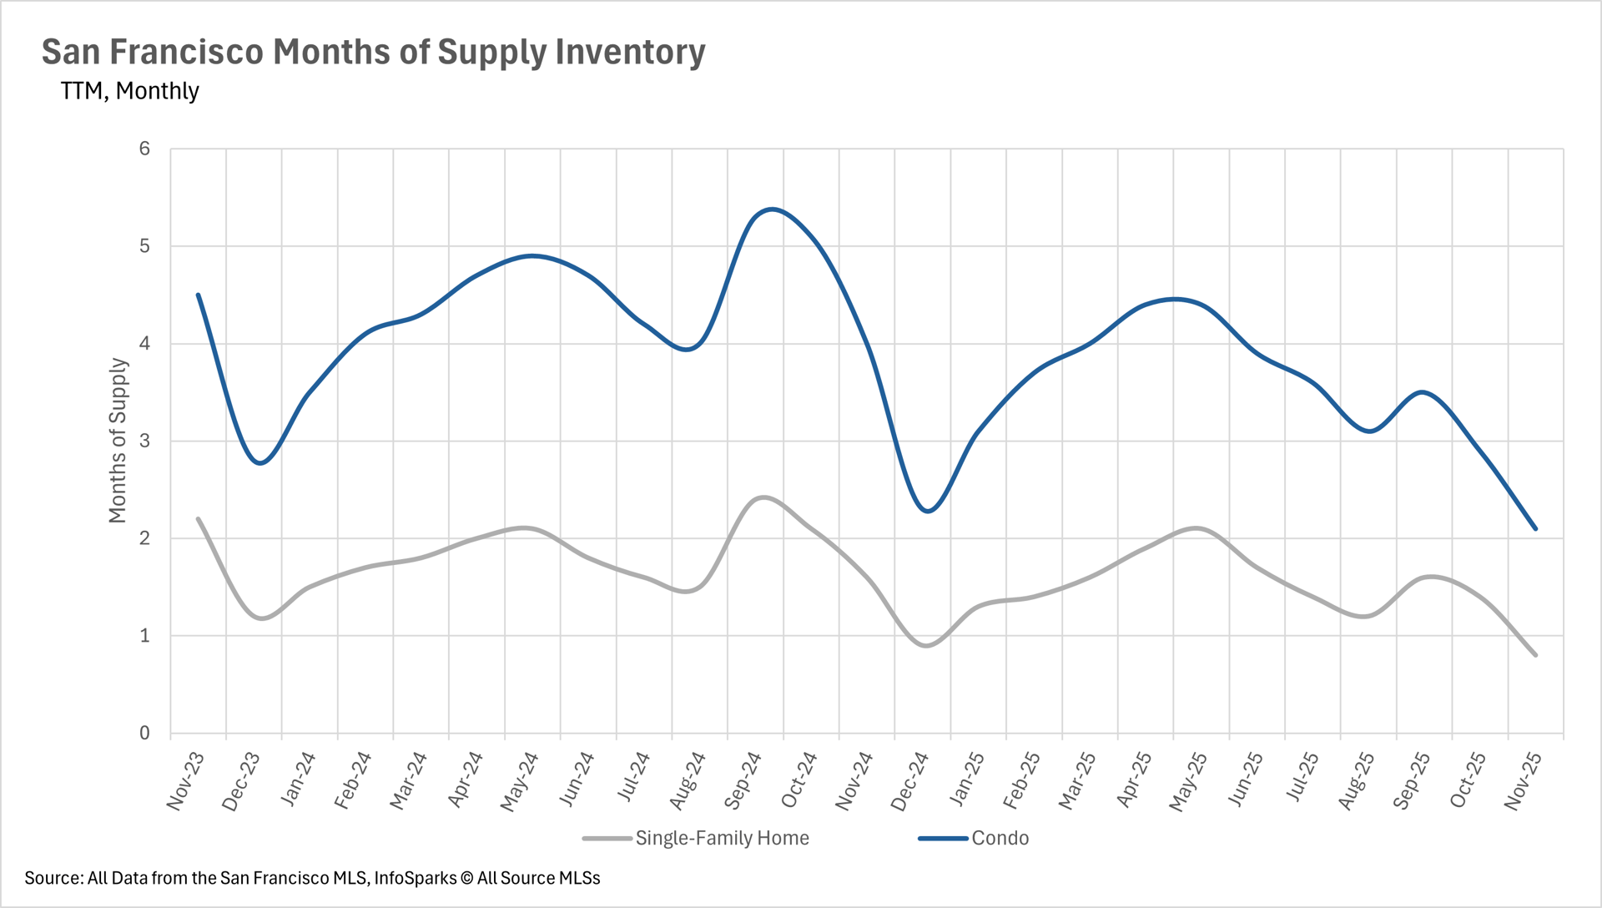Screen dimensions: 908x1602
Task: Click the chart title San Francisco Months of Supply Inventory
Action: click(x=373, y=52)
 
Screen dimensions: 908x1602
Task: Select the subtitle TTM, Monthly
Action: click(x=129, y=91)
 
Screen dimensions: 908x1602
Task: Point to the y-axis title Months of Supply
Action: click(x=118, y=441)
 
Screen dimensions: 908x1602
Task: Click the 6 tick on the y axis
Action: click(x=145, y=149)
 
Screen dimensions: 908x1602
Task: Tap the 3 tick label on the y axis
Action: click(x=145, y=441)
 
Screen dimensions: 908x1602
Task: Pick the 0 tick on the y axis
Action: click(x=145, y=733)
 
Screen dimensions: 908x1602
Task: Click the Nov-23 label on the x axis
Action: click(x=186, y=780)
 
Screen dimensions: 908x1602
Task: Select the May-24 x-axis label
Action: click(x=520, y=780)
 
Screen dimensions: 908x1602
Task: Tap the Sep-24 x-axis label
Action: click(x=743, y=780)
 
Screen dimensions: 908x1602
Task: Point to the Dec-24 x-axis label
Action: click(x=910, y=780)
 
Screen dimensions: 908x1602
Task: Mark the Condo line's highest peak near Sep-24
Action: click(x=772, y=209)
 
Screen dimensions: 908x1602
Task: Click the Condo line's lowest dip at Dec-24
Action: click(x=929, y=511)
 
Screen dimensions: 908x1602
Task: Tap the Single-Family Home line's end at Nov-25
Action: click(x=1535, y=655)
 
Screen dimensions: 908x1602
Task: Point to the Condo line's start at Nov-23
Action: click(x=198, y=295)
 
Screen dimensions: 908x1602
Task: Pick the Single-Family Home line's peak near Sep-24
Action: click(x=763, y=497)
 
